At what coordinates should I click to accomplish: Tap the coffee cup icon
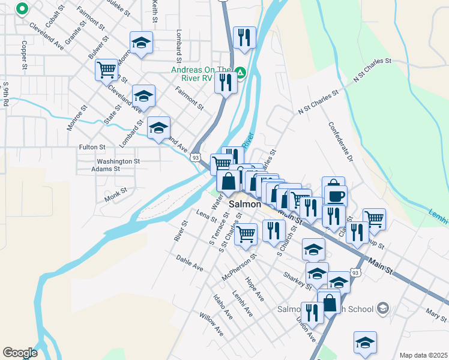point(336,196)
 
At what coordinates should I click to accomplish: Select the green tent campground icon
point(241,73)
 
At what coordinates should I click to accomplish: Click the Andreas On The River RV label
point(201,73)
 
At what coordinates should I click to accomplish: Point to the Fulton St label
point(92,147)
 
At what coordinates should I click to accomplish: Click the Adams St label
point(106,169)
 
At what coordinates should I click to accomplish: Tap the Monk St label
point(116,193)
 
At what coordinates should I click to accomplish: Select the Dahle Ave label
point(190,262)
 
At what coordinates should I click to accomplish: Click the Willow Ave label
point(211,324)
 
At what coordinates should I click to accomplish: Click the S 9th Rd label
point(6,95)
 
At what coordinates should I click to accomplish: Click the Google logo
point(20,353)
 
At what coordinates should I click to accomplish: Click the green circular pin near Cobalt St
point(22,9)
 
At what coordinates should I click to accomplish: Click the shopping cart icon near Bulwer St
point(107,70)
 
